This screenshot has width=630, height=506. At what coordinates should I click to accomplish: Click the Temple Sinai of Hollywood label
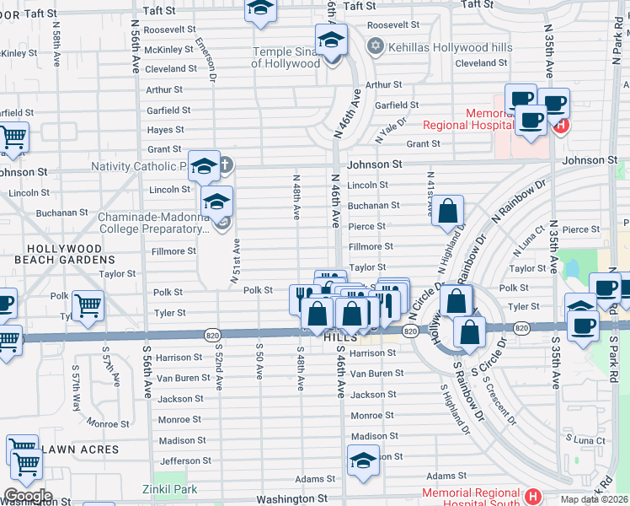286,57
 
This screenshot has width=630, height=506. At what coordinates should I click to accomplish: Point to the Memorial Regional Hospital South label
472,498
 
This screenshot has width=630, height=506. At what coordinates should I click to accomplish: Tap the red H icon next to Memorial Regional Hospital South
531,496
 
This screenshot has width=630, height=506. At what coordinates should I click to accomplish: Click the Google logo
28,496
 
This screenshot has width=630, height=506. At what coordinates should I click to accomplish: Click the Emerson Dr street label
206,59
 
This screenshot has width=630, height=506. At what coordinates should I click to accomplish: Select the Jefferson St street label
185,460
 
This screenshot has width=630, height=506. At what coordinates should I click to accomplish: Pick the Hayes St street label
166,130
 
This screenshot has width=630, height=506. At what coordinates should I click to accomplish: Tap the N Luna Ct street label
528,242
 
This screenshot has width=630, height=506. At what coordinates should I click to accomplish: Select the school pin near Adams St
363,460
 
